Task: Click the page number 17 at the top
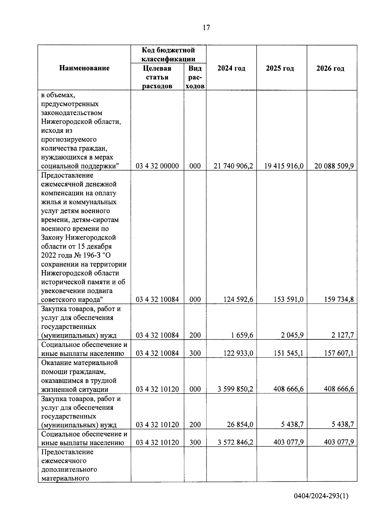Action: (x=206, y=28)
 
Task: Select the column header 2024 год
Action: (x=231, y=68)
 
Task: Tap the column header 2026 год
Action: (x=330, y=68)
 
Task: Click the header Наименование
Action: (x=84, y=68)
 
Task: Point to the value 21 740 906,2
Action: (x=233, y=166)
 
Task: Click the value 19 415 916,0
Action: (x=284, y=166)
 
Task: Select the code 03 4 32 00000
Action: (x=157, y=166)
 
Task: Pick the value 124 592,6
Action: (x=238, y=299)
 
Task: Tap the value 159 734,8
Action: (x=339, y=299)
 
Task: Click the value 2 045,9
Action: (x=293, y=335)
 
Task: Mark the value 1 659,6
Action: (x=243, y=335)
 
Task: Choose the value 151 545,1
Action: (x=288, y=353)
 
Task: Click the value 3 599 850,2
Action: (x=235, y=389)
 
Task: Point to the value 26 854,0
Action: (x=240, y=425)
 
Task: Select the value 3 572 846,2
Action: (x=235, y=442)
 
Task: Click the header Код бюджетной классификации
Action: (x=168, y=54)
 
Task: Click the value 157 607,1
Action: (x=339, y=353)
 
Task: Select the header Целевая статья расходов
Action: (x=157, y=77)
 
